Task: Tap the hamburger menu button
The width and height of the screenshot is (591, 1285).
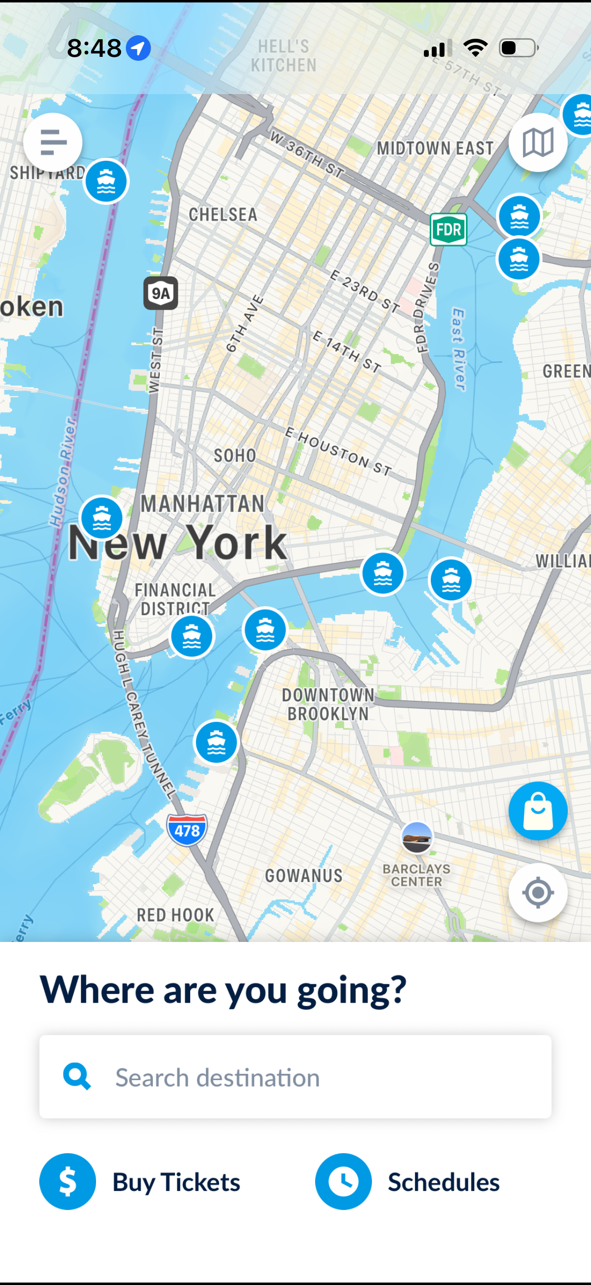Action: coord(53,142)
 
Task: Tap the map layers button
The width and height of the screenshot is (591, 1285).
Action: coord(538,143)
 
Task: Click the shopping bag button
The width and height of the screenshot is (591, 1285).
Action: coord(538,811)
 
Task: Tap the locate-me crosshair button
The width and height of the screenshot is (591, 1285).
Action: coord(538,892)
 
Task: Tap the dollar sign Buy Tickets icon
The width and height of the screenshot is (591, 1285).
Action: coord(68,1181)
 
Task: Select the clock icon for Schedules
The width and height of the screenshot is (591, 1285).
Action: coord(343,1181)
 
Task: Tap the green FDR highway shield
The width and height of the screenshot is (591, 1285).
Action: coord(448,229)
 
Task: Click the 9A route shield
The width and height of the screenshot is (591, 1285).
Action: coord(161,293)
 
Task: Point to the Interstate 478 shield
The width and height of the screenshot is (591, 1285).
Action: coord(187,830)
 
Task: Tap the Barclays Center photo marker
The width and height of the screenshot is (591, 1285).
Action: coord(417,838)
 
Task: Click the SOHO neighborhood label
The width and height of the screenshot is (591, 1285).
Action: coord(235,455)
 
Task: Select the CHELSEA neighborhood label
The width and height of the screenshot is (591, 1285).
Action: coord(223,215)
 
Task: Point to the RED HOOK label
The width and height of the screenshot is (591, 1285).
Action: coord(175,915)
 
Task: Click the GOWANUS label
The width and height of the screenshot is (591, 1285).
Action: coord(303,875)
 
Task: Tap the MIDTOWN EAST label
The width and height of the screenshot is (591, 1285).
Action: coord(435,148)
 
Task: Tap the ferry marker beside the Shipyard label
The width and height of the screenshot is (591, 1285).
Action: coord(106,181)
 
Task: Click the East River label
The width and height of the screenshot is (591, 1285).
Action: coord(458,349)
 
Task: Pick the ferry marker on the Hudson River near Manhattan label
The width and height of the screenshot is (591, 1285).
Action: coord(102,518)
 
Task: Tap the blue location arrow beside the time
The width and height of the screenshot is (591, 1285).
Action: coord(138,49)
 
